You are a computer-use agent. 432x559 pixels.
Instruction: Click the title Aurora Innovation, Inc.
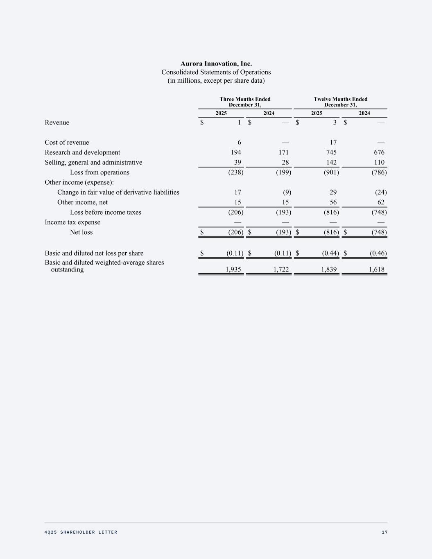(x=216, y=63)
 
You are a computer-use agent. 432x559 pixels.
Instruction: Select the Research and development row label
(x=82, y=152)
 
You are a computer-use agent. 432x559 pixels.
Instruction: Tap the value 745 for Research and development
(x=331, y=152)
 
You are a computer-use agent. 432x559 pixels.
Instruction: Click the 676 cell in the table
(x=379, y=152)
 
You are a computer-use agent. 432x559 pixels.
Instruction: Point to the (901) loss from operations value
(x=331, y=172)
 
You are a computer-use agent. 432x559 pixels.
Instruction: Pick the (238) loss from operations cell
(x=236, y=172)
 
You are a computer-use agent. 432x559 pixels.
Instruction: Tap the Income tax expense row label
(x=72, y=222)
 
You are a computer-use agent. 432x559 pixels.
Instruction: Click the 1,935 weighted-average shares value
(x=233, y=269)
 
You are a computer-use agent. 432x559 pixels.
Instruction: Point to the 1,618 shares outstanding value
(x=376, y=269)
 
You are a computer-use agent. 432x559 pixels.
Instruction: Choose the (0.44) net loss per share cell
(x=330, y=253)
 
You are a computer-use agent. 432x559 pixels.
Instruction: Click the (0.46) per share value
(x=378, y=253)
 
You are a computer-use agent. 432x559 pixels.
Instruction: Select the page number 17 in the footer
(x=384, y=532)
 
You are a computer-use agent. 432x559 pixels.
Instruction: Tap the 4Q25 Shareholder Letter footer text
(x=81, y=532)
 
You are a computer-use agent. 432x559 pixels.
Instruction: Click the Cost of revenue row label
(x=67, y=143)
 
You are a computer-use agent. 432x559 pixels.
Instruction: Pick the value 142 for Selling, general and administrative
(x=331, y=163)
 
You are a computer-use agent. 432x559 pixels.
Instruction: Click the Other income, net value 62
(x=380, y=202)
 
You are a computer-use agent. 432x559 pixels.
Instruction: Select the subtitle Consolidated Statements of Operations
(x=216, y=72)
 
